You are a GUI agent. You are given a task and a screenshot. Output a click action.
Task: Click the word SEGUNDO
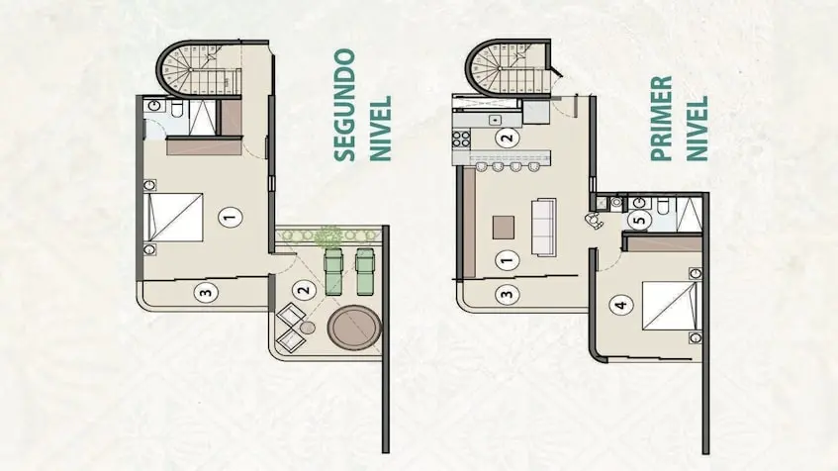tap(344, 105)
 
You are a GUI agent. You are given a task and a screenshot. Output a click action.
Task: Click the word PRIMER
tap(661, 118)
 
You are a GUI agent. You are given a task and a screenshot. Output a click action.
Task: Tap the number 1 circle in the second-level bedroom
tap(231, 218)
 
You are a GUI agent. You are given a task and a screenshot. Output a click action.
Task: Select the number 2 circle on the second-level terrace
tap(303, 290)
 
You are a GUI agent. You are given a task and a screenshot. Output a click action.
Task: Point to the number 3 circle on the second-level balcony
tap(206, 293)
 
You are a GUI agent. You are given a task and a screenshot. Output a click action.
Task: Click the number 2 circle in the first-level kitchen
tap(507, 138)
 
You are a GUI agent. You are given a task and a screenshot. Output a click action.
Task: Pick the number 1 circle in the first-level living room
tap(507, 260)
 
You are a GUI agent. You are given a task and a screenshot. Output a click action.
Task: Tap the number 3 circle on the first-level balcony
tap(507, 294)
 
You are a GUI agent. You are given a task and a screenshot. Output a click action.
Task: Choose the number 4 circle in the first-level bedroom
tap(621, 306)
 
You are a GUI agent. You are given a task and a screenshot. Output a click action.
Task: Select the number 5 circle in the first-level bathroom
tap(640, 220)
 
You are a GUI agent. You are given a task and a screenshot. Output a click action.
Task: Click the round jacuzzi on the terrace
tap(354, 328)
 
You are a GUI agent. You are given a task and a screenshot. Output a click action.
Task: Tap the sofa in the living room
tap(543, 228)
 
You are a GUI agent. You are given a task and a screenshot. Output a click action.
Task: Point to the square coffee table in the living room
tap(504, 228)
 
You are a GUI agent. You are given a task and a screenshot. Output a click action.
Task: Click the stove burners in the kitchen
tap(461, 139)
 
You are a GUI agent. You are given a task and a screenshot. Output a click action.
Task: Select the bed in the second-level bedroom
tap(173, 217)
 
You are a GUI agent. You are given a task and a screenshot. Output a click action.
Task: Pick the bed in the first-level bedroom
tap(672, 306)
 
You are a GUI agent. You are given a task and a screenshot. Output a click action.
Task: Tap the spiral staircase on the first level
tap(509, 68)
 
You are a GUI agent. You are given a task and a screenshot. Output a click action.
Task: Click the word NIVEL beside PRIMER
tap(697, 129)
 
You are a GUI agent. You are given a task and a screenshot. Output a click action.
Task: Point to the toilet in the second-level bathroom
tap(177, 109)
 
